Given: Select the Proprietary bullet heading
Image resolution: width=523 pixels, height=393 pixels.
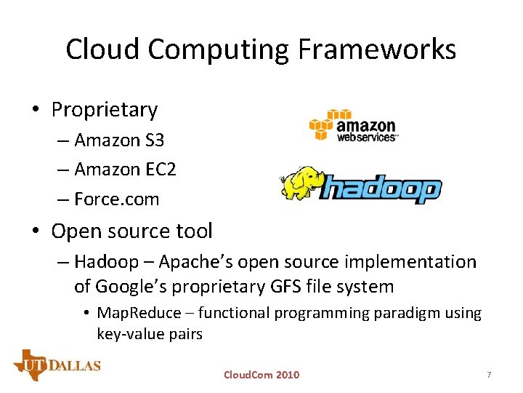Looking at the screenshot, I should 104,110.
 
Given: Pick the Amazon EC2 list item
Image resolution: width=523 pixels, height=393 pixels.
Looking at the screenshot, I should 125,170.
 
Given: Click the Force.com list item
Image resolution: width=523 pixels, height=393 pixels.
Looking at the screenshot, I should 116,199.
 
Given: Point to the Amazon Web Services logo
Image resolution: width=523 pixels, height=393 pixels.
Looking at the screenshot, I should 354,125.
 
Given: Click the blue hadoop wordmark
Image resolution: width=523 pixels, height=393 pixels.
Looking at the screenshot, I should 381,189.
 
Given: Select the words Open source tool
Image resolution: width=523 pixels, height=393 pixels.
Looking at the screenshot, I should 131,231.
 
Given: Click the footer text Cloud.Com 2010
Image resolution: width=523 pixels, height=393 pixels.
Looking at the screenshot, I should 261,375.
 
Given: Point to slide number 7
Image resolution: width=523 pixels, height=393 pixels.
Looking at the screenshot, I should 489,375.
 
